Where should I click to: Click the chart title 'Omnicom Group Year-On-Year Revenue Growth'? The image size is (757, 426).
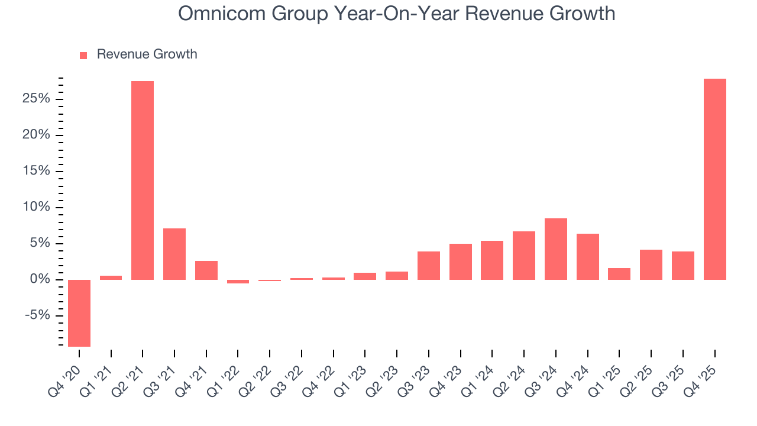[396, 14]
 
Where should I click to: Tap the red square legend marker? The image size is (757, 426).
[83, 55]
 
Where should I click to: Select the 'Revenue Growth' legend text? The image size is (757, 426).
[147, 54]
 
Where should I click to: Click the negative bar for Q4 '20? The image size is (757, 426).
[79, 313]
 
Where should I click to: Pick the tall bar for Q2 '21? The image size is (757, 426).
[143, 180]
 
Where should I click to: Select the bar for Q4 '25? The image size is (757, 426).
[714, 179]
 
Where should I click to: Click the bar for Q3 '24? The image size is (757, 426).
[556, 249]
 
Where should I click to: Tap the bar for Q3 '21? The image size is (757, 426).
[174, 254]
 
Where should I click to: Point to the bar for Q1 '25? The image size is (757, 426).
[619, 274]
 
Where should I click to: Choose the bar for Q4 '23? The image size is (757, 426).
[461, 262]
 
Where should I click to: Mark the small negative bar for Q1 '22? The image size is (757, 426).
[238, 282]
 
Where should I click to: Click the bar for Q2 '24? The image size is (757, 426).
[524, 256]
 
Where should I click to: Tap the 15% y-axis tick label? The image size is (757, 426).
[36, 171]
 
